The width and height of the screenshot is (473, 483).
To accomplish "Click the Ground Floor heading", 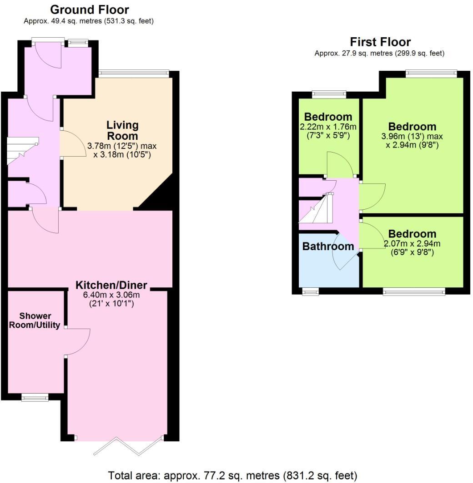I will coord(89,10).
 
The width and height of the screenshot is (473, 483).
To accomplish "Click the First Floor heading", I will coord(380,42).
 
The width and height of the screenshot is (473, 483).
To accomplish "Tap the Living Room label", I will coord(122,130).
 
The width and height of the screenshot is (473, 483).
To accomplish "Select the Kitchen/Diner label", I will coord(111,285).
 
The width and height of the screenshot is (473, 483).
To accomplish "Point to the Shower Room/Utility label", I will coord(35,320).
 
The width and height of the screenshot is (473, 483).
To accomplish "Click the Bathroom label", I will coord(327,246).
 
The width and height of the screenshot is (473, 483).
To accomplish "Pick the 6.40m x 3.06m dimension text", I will coord(111,295).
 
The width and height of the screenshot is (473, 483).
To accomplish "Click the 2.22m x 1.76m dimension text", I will coord(328,127).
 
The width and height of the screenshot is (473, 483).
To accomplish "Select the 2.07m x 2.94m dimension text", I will coord(412,244).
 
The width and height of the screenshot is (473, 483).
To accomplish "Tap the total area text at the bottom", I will coord(232,475).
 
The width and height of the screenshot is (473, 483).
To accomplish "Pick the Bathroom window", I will coord(311,291).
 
